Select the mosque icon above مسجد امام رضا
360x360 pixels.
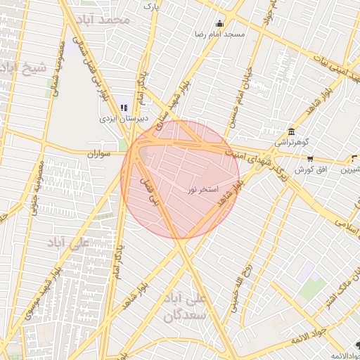(220, 23)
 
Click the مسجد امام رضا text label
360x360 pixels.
(220, 34)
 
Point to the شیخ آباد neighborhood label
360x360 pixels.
(24, 68)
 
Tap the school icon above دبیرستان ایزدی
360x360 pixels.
(124, 108)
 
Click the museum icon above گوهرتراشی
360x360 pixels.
(291, 131)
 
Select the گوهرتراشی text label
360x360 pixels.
(291, 142)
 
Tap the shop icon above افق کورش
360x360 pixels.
(310, 160)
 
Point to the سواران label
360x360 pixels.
(101, 153)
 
